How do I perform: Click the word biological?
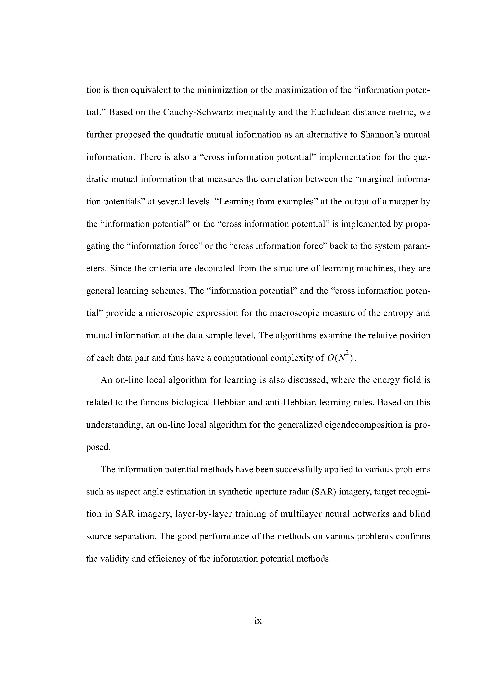coord(191,402)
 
